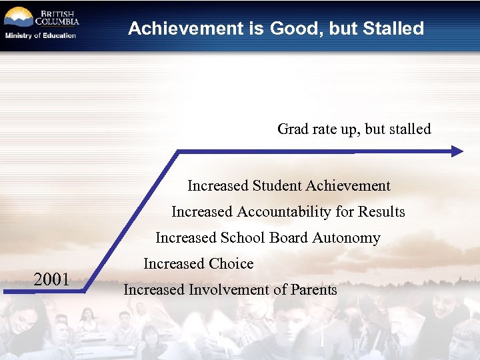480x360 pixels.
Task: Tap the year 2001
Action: tap(52, 279)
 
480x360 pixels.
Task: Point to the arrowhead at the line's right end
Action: tap(457, 151)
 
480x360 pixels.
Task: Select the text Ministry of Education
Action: tap(41, 36)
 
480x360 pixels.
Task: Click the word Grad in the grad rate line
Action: tap(292, 129)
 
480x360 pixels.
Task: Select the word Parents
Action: tap(313, 289)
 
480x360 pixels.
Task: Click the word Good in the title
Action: tap(294, 29)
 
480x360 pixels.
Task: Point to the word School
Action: tap(243, 237)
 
